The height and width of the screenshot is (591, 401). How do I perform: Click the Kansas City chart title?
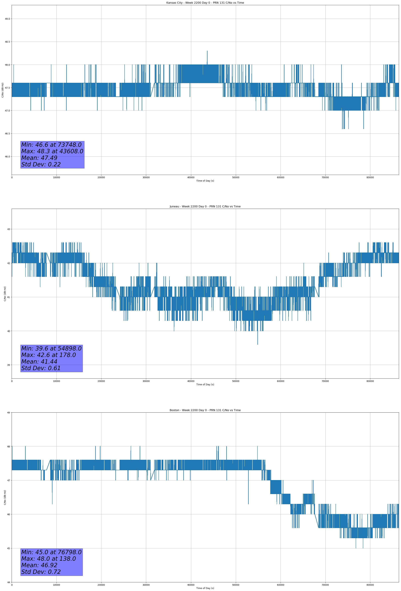point(205,3)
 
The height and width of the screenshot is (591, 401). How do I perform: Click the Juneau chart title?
point(205,207)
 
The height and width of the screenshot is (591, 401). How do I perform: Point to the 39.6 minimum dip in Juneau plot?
point(258,344)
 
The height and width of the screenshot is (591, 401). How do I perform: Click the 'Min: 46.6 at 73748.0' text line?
point(51,145)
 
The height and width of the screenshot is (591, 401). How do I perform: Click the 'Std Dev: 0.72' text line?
point(41,572)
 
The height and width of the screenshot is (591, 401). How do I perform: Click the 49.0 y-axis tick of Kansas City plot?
point(7,19)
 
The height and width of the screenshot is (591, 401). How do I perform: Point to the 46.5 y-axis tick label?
point(7,134)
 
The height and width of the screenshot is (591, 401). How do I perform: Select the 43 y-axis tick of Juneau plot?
point(9,229)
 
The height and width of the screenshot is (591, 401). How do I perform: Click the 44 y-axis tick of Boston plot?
point(9,582)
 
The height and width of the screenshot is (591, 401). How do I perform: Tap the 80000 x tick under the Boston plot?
point(370,585)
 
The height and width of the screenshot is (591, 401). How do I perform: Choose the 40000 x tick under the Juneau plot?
point(191,381)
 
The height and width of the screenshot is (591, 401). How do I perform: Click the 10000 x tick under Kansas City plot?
point(56,178)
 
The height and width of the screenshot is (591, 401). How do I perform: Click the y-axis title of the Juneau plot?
point(5,294)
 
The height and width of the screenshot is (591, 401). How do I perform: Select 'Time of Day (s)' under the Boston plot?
point(205,588)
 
